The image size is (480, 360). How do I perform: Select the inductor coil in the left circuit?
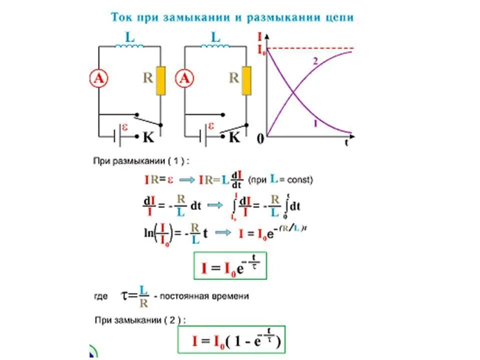(129, 46)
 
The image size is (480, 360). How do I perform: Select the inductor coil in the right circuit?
(215, 46)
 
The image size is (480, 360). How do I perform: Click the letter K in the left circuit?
(148, 137)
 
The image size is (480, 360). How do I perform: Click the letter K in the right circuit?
(234, 137)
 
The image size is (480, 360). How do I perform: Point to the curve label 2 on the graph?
(315, 61)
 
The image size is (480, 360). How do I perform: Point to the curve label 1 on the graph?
(315, 123)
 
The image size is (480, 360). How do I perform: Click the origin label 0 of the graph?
(260, 139)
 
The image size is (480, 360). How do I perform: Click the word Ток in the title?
(122, 18)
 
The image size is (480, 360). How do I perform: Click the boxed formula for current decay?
(230, 265)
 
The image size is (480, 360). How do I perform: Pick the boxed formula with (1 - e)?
(231, 340)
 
